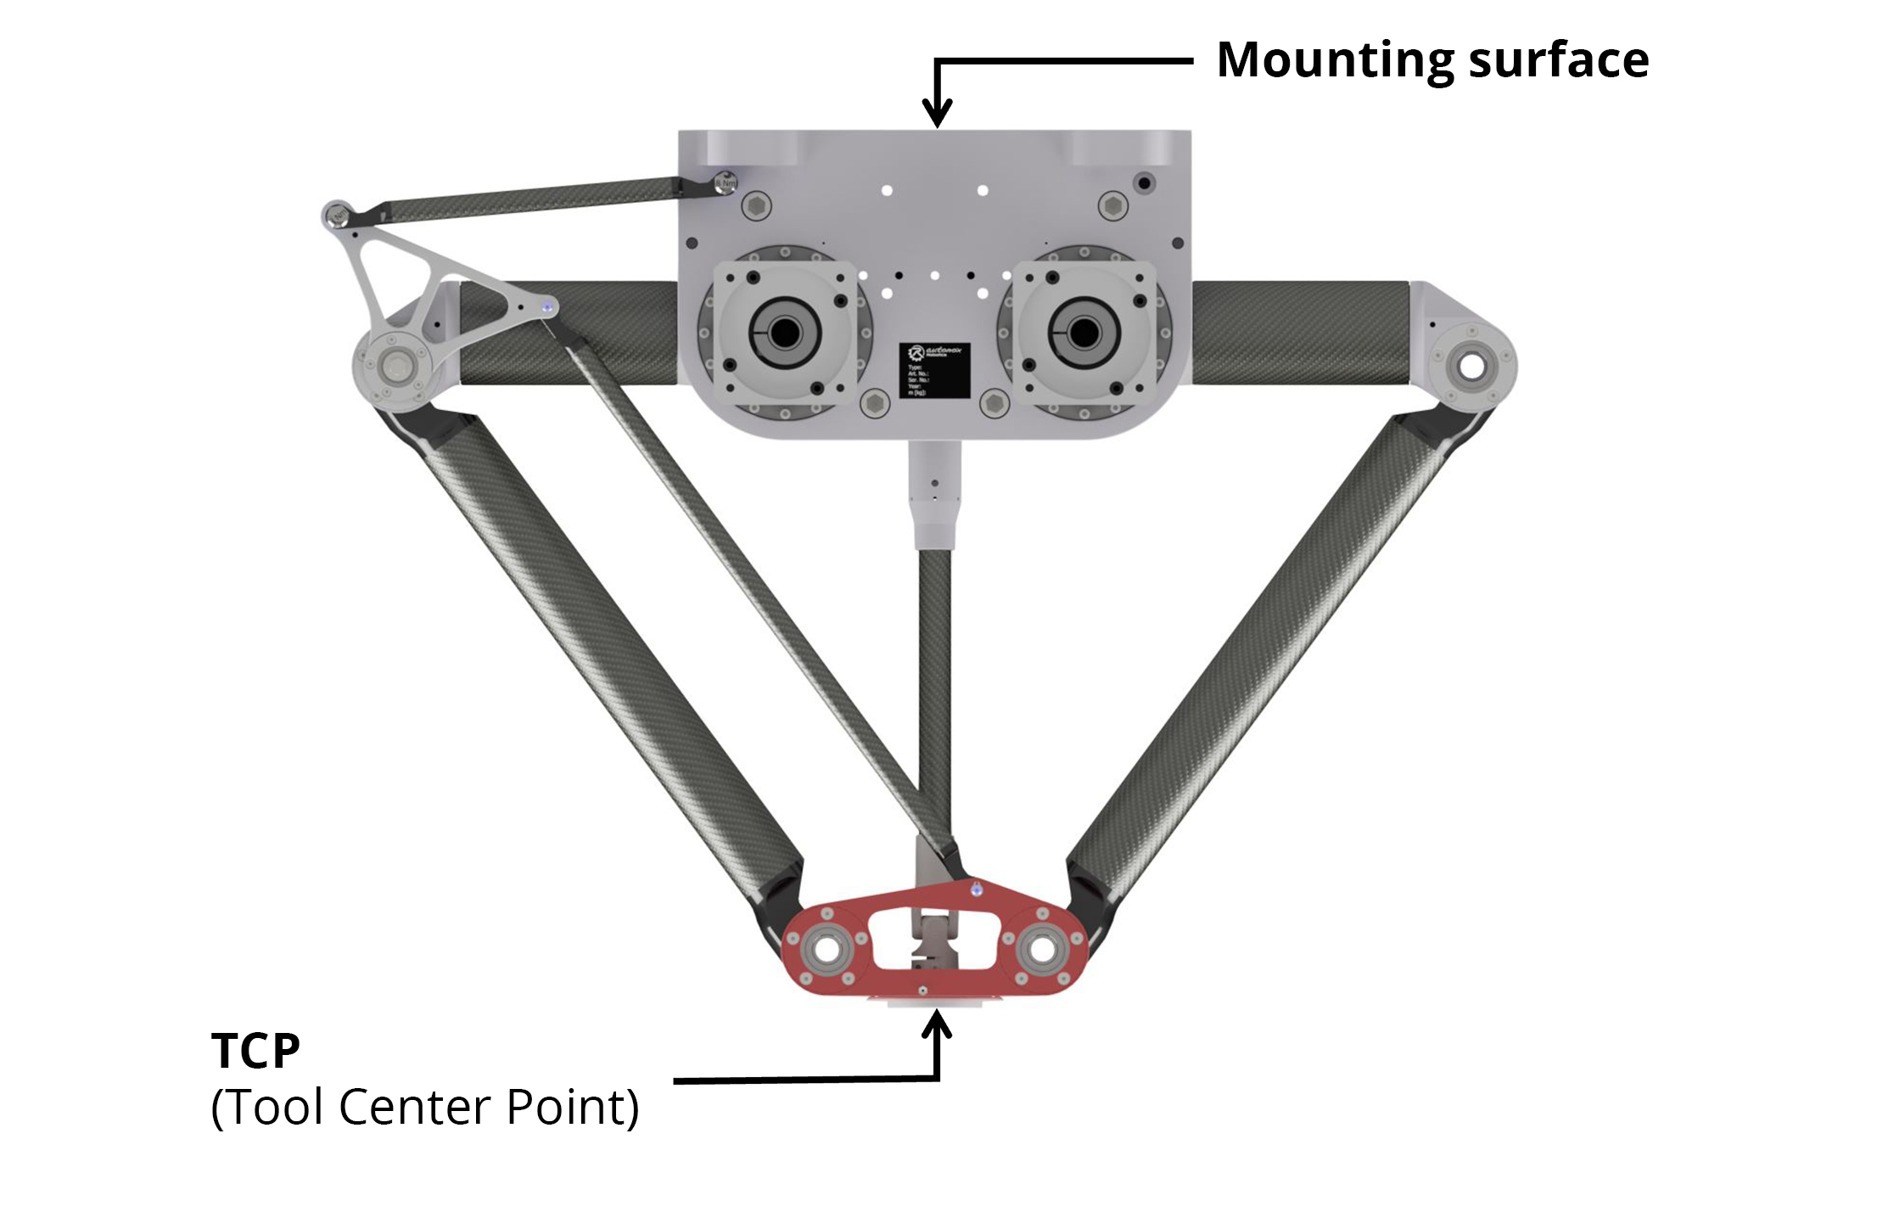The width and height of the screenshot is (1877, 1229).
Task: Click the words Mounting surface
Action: pos(1432,61)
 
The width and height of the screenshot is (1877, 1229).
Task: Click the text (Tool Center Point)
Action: pos(424,1108)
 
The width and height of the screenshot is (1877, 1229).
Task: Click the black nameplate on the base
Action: pos(934,369)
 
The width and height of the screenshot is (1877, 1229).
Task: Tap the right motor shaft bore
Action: pos(1084,333)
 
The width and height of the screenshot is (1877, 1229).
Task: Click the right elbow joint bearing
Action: pos(1471,367)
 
